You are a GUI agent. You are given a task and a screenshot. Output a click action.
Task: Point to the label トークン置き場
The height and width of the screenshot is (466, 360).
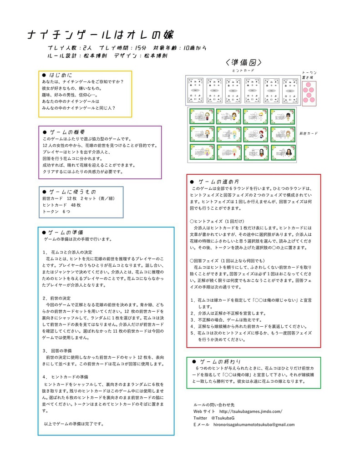click(309, 75)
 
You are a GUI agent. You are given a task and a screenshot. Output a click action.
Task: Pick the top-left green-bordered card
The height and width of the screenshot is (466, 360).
click(202, 116)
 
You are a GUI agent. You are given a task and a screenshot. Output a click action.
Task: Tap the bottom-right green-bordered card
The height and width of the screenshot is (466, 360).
click(283, 152)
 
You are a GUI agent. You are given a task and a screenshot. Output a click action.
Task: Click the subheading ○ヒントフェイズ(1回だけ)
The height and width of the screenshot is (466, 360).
click(214, 220)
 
